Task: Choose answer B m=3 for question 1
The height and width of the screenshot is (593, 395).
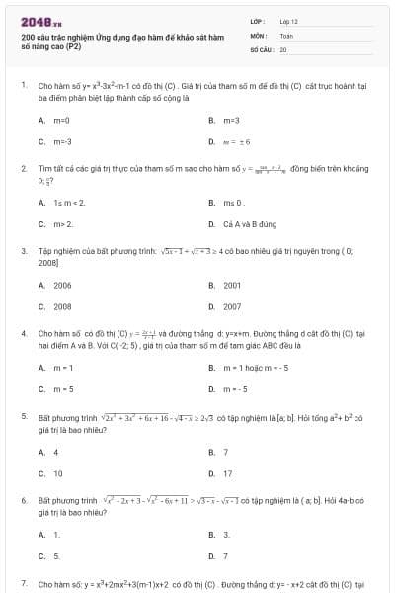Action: pos(229,120)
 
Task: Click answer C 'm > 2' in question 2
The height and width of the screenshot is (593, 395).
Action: pos(62,224)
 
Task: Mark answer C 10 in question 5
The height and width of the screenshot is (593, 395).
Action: pos(57,473)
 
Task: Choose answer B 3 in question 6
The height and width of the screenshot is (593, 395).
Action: pos(226,534)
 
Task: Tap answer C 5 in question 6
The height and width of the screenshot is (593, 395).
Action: pos(55,555)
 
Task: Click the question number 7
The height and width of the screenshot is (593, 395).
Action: pos(23,584)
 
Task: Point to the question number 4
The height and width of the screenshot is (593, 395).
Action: pos(23,334)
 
